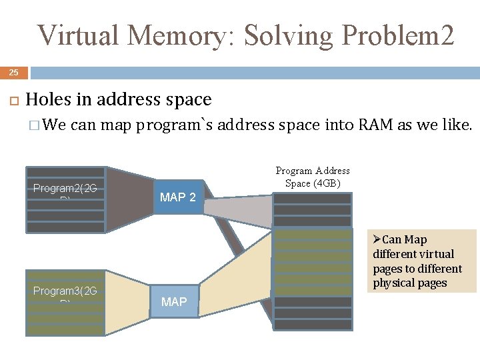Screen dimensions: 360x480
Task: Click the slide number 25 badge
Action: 14,72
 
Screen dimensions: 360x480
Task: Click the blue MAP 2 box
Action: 178,197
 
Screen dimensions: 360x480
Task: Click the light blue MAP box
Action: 174,302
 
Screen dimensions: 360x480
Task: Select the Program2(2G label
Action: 65,189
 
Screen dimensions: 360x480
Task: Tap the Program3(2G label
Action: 65,291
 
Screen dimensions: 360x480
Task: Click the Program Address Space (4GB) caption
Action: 313,177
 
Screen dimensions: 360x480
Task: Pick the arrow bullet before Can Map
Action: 377,239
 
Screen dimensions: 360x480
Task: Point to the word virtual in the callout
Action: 436,254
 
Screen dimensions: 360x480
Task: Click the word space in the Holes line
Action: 190,100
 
